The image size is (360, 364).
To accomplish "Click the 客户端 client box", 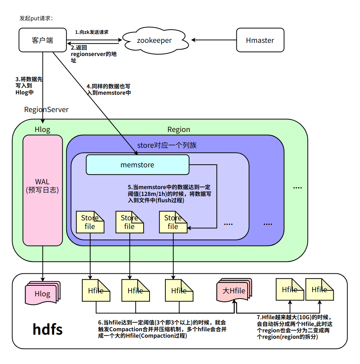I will pos(42,40).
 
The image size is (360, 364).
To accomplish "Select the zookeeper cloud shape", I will pos(154,40).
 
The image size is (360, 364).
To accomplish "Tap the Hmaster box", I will pos(260,40).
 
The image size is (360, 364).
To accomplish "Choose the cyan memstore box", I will pos(137,165).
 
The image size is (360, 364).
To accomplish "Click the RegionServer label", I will pos(46,110).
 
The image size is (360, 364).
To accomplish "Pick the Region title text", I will pos(178,130).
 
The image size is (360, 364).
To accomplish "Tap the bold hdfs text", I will pos(48,329).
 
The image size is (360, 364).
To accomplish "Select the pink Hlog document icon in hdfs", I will pos(42,293).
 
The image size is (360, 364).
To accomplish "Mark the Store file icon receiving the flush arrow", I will pos(173,222).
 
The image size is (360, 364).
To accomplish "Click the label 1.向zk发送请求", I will pos(92,32).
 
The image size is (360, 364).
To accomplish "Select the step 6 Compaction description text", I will pos(162,329).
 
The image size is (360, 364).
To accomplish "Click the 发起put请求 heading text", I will pos(36,18).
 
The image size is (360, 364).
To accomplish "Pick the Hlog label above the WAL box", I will pos(42,130).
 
